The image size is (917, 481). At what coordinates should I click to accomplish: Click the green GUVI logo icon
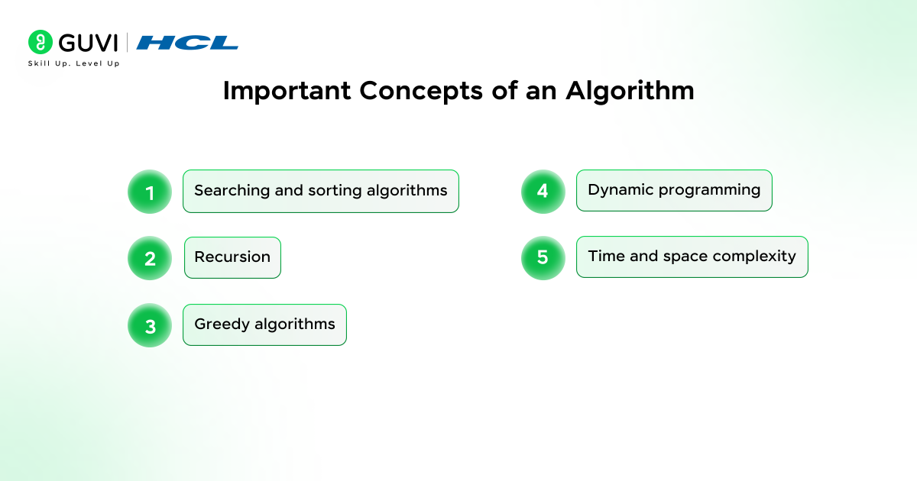40,42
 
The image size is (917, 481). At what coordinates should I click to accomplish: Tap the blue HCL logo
187,43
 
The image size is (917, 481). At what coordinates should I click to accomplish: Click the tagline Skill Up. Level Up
73,63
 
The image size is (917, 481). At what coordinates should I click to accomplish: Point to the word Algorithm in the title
630,91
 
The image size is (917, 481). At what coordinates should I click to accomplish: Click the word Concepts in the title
421,92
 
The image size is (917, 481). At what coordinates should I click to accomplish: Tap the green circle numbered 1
150,192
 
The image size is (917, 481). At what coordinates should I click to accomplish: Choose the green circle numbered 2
150,258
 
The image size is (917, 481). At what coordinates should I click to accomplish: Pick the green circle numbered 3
150,325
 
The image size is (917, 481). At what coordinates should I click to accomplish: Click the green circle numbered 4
543,192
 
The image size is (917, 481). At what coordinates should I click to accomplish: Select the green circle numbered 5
543,258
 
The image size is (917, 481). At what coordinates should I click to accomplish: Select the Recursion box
232,258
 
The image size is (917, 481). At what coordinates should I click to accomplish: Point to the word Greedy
222,324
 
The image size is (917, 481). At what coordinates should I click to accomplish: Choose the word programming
709,191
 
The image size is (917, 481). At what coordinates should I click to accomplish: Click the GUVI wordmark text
89,43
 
